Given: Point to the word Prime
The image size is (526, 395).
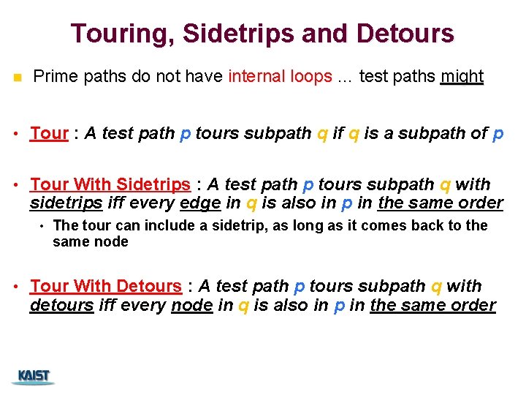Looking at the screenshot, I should coord(55,76).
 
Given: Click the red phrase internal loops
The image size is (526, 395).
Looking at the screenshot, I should coord(280,76).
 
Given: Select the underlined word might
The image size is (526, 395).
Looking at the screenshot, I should coord(462,76).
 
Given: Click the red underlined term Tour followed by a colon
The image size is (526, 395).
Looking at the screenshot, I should coord(49,133).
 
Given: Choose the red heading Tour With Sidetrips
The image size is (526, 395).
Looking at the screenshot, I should coord(110,184).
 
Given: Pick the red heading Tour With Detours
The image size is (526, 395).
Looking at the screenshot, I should coord(105,286).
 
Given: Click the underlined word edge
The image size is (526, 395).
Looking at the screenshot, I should coord(199,203).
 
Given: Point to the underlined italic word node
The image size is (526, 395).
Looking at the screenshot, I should coord(191,305).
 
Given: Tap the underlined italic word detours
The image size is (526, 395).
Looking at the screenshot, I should coord(61,305).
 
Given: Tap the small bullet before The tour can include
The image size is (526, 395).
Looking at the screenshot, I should coord(42,226).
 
